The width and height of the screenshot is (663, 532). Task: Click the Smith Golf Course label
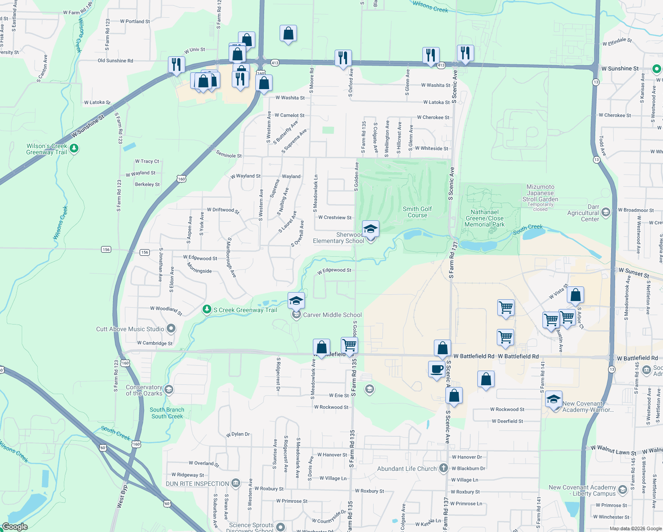tap(417, 212)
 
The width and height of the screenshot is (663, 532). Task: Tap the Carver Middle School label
tap(332, 315)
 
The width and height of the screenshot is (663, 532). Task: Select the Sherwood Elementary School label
tap(338, 238)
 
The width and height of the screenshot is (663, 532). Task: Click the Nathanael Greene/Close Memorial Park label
tap(484, 218)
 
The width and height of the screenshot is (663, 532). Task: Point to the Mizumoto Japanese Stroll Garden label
tap(540, 193)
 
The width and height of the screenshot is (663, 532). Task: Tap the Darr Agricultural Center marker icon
tap(606, 212)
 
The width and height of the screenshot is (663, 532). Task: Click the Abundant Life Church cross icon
tap(444, 468)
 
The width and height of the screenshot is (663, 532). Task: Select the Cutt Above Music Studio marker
tap(171, 329)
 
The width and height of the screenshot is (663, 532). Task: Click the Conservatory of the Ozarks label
tap(144, 390)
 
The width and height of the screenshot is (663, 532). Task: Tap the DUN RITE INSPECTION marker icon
tap(236, 483)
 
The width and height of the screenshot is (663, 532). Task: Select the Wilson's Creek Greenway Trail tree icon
tap(74, 148)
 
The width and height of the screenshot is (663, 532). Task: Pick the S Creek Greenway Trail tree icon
tap(207, 309)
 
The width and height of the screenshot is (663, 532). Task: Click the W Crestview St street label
tap(335, 217)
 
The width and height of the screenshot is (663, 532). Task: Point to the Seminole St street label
tap(229, 154)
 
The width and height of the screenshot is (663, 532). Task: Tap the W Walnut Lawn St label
tap(613, 450)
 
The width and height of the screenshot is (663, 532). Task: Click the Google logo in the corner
tap(15, 527)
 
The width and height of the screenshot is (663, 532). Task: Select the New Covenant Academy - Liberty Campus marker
tap(623, 489)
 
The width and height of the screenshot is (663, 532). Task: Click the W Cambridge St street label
tap(155, 343)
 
